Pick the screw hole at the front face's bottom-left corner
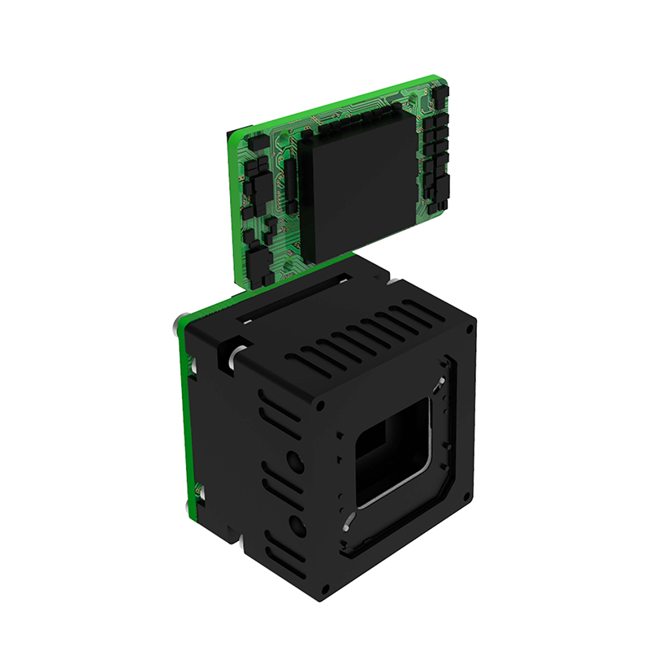pyautogui.click(x=327, y=587)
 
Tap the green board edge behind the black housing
pyautogui.click(x=185, y=422)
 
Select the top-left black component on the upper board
pyautogui.click(x=253, y=143)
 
